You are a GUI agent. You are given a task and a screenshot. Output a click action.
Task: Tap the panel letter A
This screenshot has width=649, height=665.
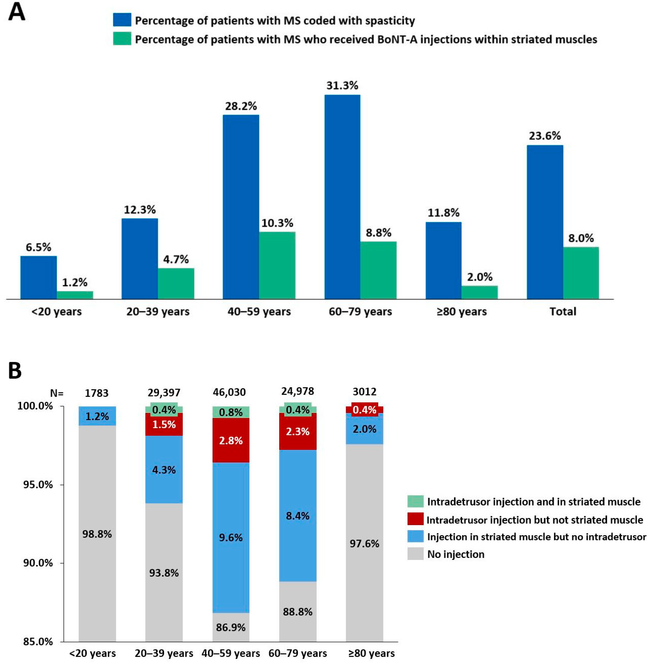pyautogui.click(x=16, y=13)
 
